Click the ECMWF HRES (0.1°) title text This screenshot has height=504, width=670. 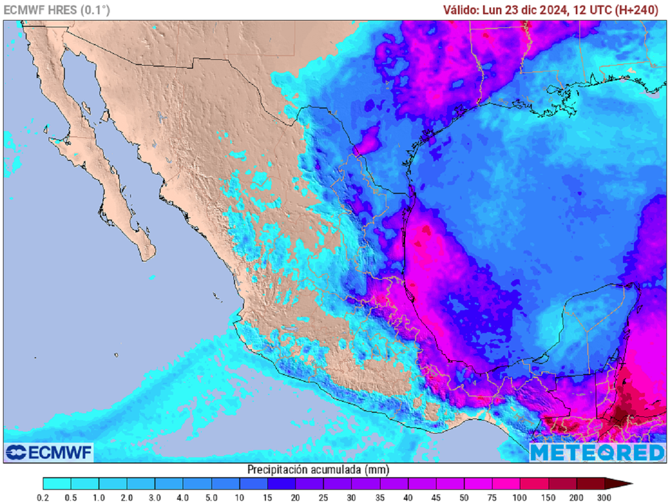pyautogui.click(x=57, y=10)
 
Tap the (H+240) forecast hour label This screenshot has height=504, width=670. pyautogui.click(x=635, y=10)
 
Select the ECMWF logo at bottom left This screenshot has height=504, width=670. pyautogui.click(x=49, y=452)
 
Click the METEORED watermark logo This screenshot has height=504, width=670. pyautogui.click(x=597, y=452)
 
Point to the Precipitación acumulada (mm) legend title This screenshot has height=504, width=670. pyautogui.click(x=317, y=469)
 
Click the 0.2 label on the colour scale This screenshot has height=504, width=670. pyautogui.click(x=43, y=497)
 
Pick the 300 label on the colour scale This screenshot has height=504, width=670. pyautogui.click(x=604, y=497)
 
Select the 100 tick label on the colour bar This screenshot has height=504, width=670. pyautogui.click(x=520, y=497)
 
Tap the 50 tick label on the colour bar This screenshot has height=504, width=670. pyautogui.click(x=464, y=497)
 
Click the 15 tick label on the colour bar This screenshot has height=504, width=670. pyautogui.click(x=268, y=497)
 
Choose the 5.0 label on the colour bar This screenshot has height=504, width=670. pyautogui.click(x=211, y=497)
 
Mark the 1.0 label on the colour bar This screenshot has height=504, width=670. pyautogui.click(x=99, y=497)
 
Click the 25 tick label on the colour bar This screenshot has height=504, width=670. pyautogui.click(x=324, y=497)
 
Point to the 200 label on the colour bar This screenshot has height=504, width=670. pyautogui.click(x=576, y=497)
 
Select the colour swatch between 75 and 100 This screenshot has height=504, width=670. pyautogui.click(x=506, y=484)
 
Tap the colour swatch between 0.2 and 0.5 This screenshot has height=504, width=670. pyautogui.click(x=57, y=484)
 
